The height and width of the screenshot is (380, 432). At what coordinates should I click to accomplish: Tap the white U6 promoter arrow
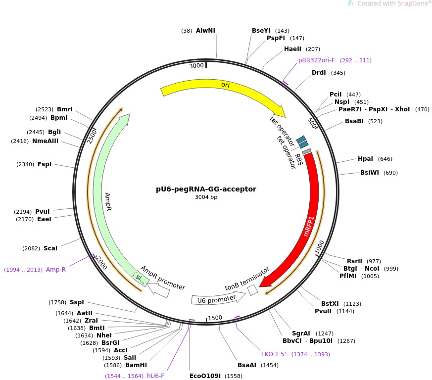pyautogui.click(x=218, y=298)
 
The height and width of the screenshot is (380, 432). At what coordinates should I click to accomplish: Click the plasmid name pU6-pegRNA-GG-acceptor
pyautogui.click(x=206, y=189)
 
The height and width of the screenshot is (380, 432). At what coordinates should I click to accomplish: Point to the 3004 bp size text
pyautogui.click(x=206, y=197)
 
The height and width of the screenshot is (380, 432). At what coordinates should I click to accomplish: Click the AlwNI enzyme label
pyautogui.click(x=205, y=31)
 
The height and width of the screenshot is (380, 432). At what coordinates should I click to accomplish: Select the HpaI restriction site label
pyautogui.click(x=365, y=159)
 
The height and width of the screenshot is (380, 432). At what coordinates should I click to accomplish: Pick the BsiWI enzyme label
pyautogui.click(x=369, y=173)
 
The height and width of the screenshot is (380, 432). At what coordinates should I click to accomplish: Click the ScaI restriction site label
pyautogui.click(x=50, y=248)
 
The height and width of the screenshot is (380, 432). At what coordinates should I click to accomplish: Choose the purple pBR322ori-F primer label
pyautogui.click(x=317, y=60)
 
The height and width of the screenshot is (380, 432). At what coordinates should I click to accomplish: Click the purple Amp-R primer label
pyautogui.click(x=56, y=270)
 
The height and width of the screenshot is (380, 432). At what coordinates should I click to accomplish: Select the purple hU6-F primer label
pyautogui.click(x=155, y=376)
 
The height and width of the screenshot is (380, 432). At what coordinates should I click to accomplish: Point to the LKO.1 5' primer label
pyautogui.click(x=274, y=354)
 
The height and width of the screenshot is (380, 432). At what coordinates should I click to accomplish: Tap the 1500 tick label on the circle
pyautogui.click(x=215, y=318)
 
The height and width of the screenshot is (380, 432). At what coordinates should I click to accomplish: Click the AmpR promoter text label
pyautogui.click(x=163, y=279)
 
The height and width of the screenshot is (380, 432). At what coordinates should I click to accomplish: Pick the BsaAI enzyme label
pyautogui.click(x=247, y=365)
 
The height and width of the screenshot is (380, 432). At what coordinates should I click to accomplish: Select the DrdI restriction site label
pyautogui.click(x=319, y=73)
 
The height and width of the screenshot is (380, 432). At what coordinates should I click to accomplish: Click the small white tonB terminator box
pyautogui.click(x=253, y=290)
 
